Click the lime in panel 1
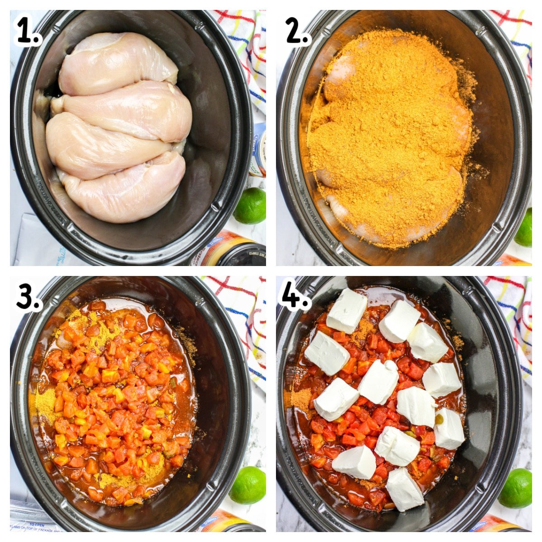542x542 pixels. [250, 206]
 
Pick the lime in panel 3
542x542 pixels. [248, 485]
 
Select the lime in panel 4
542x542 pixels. [516, 488]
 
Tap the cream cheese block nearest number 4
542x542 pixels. [347, 310]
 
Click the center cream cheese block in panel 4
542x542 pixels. [378, 382]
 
